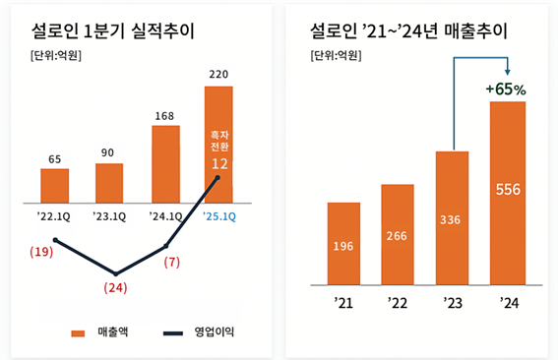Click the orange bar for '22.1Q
pyautogui.click(x=54, y=184)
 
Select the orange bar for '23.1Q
pyautogui.click(x=109, y=181)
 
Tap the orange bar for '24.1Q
pyautogui.click(x=165, y=162)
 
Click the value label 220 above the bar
pyautogui.click(x=218, y=74)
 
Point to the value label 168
pyautogui.click(x=165, y=114)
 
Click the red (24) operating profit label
pyautogui.click(x=116, y=288)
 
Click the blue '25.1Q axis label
pyautogui.click(x=217, y=214)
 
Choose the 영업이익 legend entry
pyautogui.click(x=204, y=332)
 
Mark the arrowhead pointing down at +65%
pyautogui.click(x=507, y=72)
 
